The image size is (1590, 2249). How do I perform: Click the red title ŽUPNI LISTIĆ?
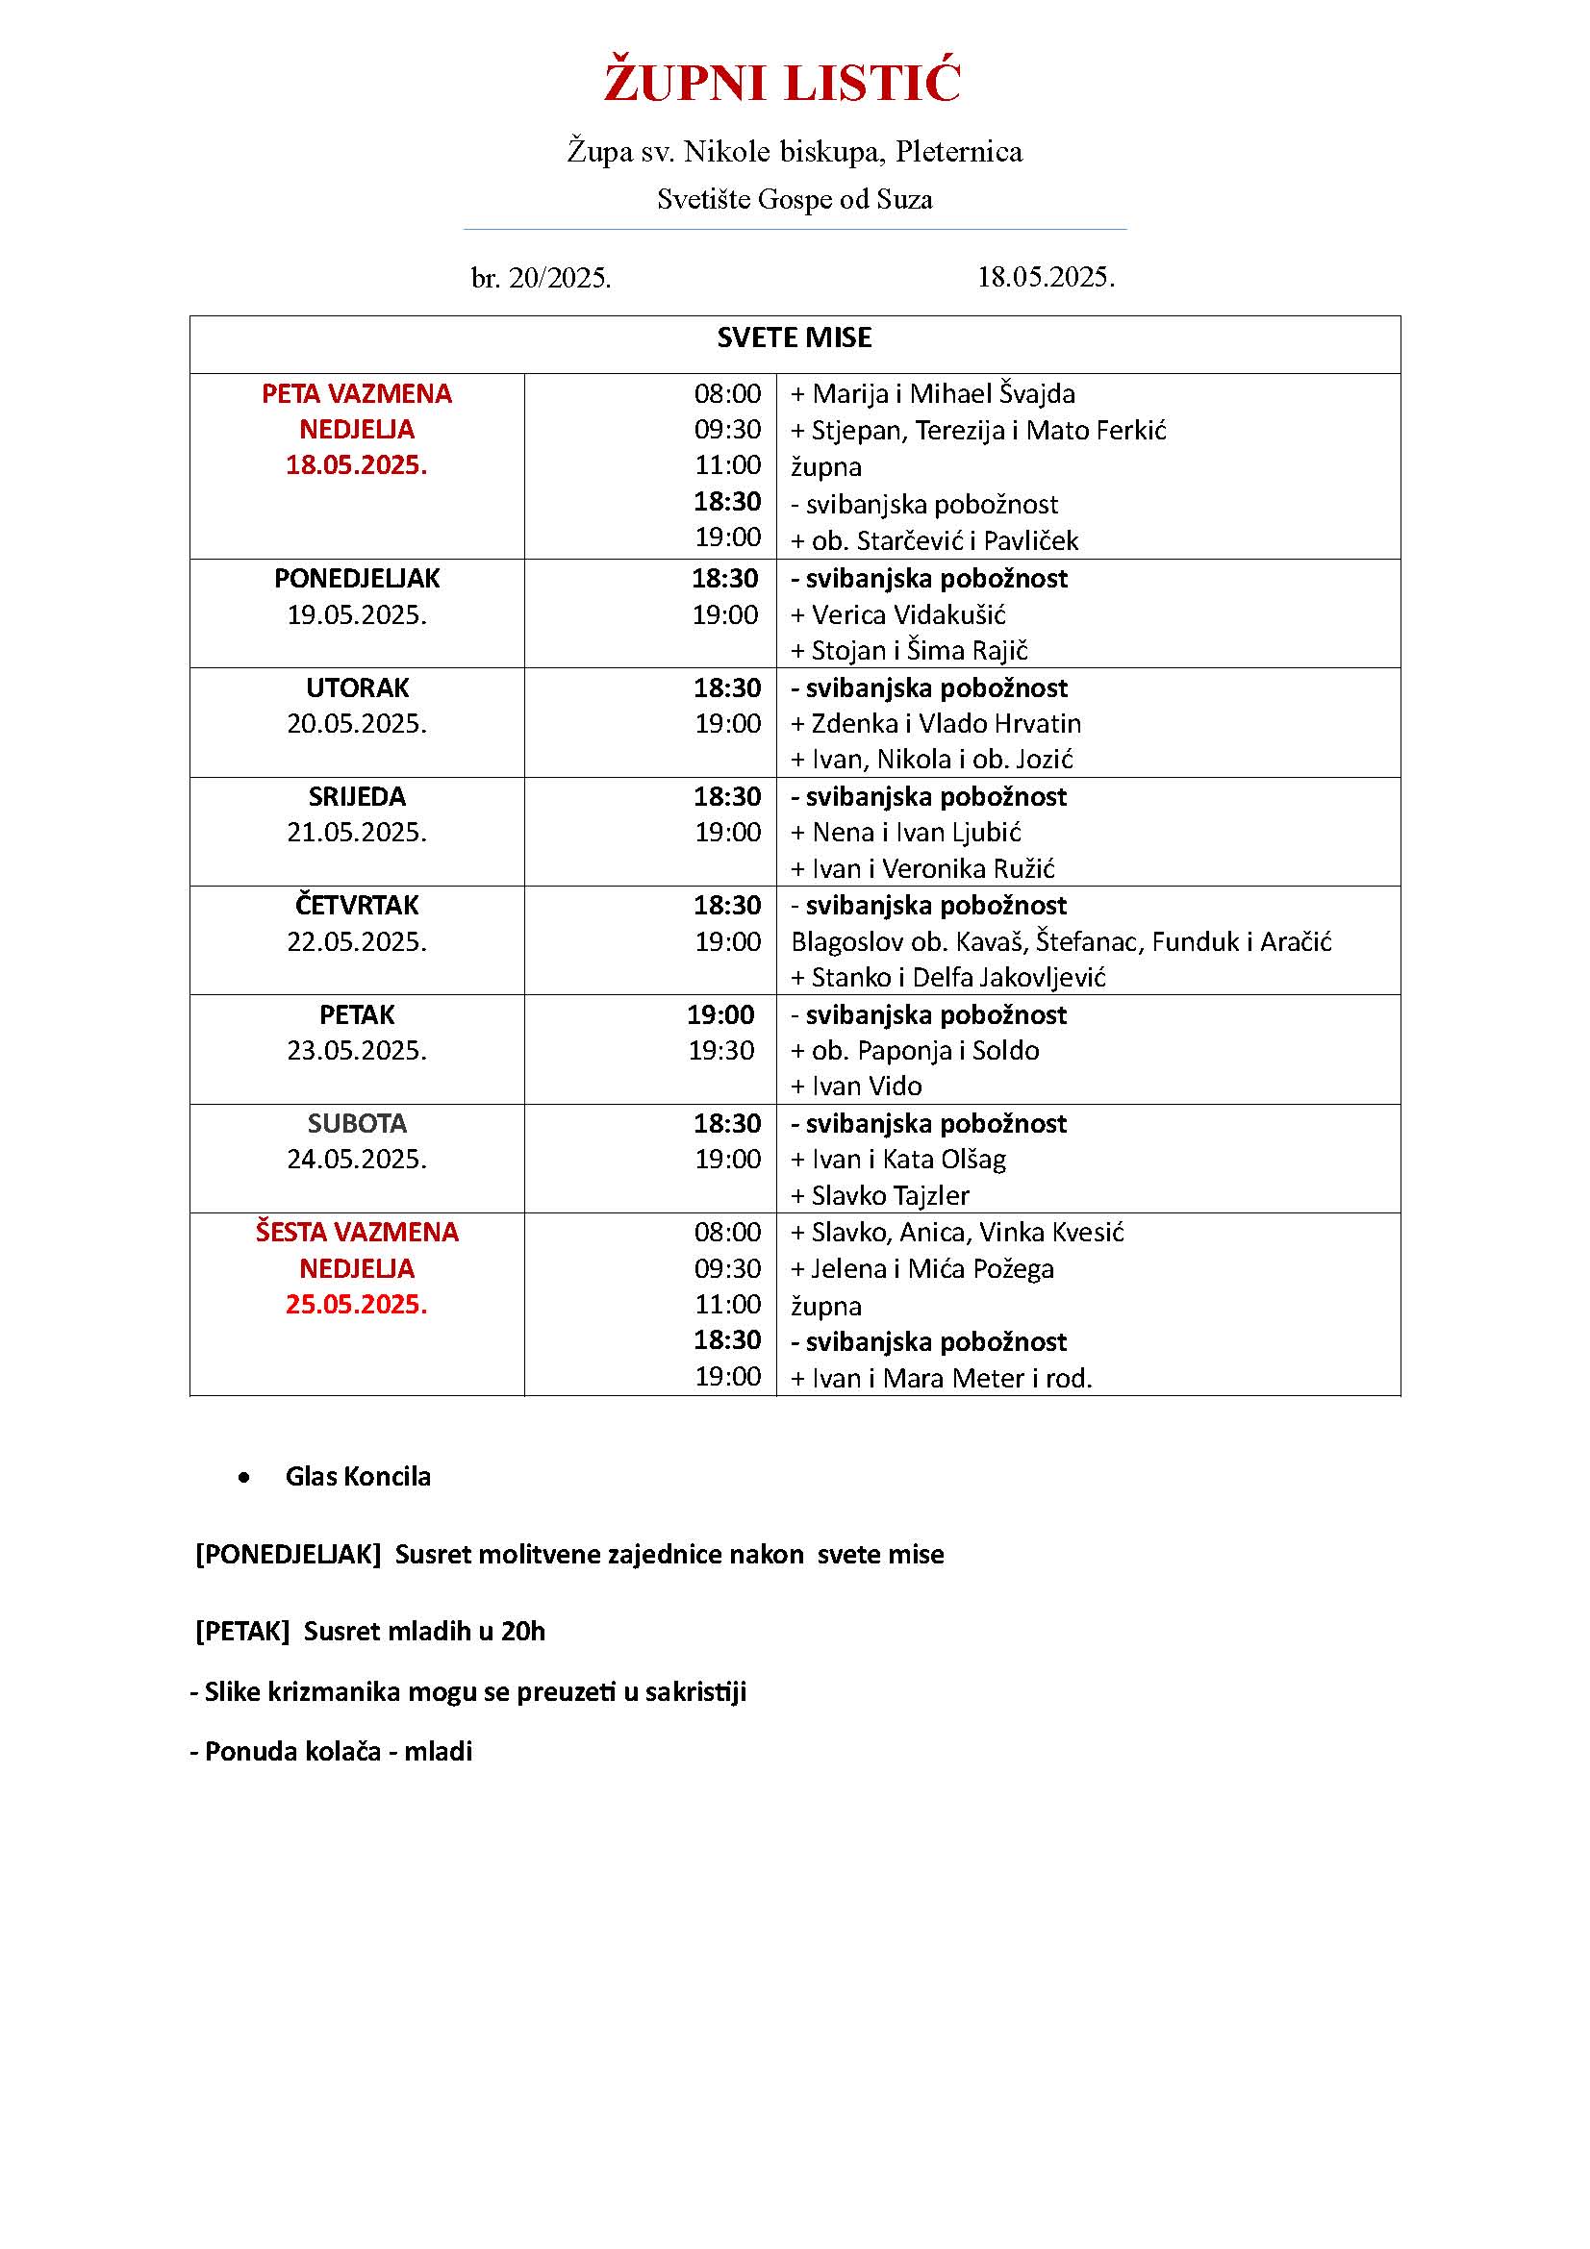(782, 83)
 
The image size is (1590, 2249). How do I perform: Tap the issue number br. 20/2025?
(541, 279)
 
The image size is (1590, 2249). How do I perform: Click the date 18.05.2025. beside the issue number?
(1046, 277)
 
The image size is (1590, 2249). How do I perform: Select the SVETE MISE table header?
(794, 337)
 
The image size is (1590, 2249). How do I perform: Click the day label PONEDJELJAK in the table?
(357, 579)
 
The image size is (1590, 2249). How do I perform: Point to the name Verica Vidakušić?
(907, 615)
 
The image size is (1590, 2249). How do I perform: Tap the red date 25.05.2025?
(357, 1305)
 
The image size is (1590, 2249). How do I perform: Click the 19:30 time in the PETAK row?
(721, 1051)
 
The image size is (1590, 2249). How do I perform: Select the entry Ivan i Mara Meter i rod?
(950, 1378)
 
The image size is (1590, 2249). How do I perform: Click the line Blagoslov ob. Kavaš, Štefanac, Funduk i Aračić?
(1061, 942)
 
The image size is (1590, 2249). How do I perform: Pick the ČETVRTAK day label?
(357, 905)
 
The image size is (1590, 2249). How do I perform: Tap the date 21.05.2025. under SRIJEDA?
(357, 833)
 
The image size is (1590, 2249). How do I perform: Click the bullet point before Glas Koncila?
(244, 1477)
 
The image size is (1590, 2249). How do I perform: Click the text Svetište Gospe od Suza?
(795, 200)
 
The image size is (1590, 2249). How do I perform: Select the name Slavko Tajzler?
(890, 1196)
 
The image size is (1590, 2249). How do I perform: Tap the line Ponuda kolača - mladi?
(331, 1751)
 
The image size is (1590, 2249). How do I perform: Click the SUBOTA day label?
(357, 1123)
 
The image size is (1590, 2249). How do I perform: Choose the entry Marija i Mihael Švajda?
(943, 394)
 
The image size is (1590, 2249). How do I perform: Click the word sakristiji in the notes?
(694, 1691)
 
